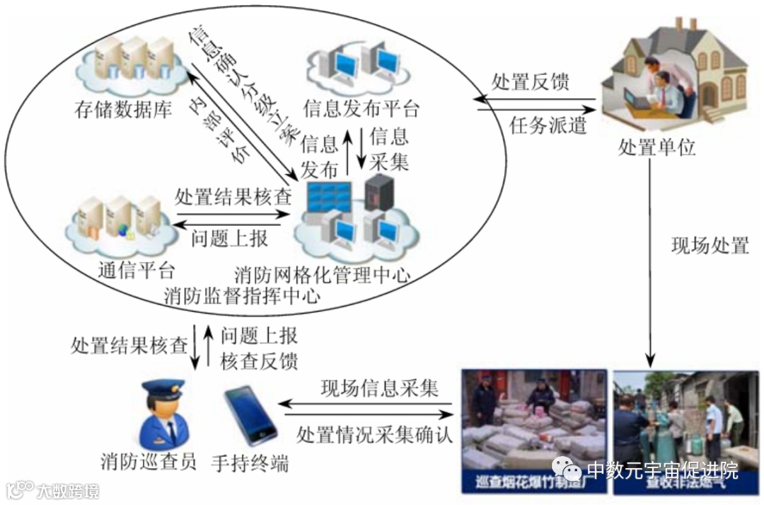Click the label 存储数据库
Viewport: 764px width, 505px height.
coord(122,110)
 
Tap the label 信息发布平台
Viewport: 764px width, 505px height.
coord(361,110)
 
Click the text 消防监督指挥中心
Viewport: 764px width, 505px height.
coord(241,295)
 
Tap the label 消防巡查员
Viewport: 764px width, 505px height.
coord(148,462)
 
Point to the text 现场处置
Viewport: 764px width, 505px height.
coord(709,246)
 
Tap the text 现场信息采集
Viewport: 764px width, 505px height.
coord(380,388)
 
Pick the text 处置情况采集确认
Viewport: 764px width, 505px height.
coord(374,433)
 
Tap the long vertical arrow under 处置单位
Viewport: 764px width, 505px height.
coord(652,262)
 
